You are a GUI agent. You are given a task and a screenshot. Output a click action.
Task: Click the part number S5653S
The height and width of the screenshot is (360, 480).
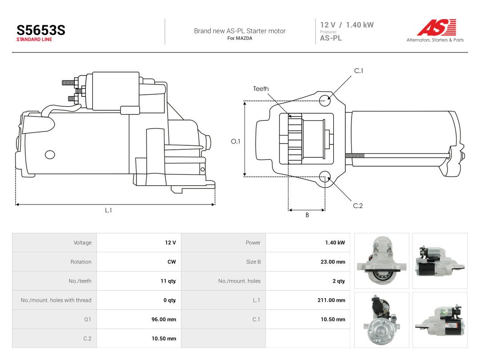coord(41,30)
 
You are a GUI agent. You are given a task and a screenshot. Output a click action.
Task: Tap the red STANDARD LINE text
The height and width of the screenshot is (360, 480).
coord(34,40)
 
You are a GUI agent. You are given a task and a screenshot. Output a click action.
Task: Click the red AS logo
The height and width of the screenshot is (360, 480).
coord(436,27)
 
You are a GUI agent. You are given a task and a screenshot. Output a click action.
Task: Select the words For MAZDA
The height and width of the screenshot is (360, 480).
coord(240,38)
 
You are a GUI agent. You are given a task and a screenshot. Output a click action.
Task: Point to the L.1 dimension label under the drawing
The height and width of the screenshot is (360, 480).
coord(108,210)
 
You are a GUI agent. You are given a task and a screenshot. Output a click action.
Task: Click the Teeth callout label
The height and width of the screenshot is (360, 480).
coord(261,89)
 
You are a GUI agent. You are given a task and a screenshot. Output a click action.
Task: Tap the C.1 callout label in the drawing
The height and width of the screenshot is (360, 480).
coord(359,71)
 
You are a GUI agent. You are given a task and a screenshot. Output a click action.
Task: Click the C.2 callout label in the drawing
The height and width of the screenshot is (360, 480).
coord(358,206)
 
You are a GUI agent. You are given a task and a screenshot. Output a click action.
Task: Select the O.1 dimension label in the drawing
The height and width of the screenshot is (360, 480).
coord(236,141)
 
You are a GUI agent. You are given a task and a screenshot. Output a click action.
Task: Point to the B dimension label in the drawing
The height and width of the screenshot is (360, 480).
coord(307,215)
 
